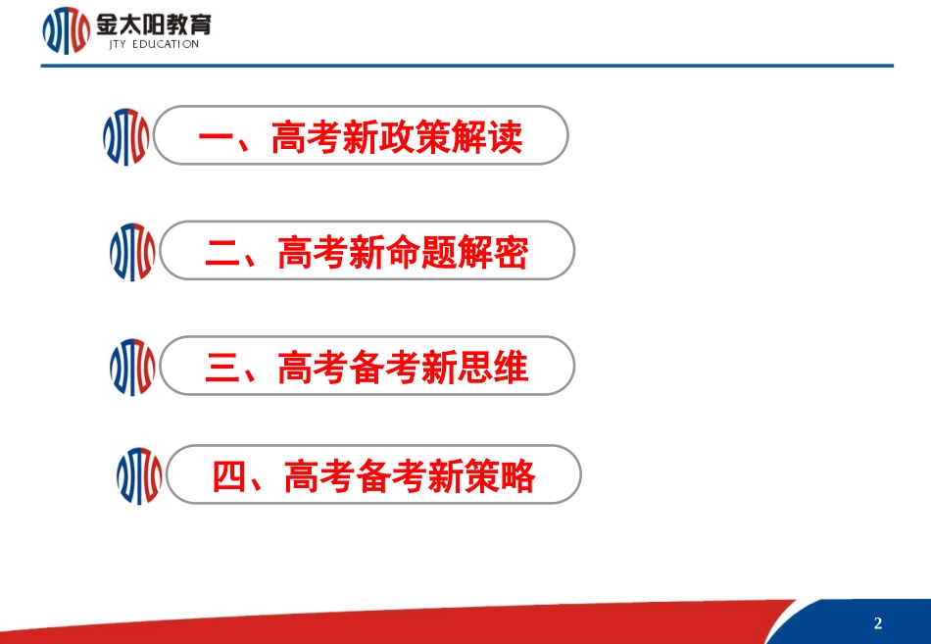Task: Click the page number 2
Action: pos(878,623)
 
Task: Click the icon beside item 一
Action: pos(125,137)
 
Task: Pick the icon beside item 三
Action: pos(132,368)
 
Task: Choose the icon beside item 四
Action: pos(139,476)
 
